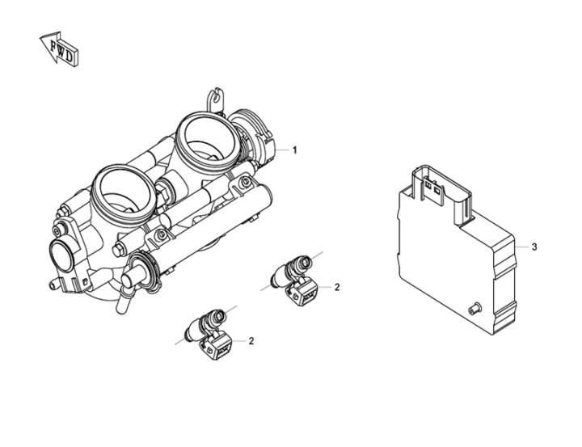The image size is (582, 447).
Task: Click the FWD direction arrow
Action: (x=59, y=49)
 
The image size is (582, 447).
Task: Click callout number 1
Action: (x=295, y=150)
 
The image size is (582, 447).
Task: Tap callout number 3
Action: (x=534, y=247)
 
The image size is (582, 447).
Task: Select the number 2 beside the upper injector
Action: (x=336, y=287)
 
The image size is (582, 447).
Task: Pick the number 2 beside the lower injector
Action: (x=251, y=341)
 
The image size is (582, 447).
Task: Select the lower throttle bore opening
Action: (x=124, y=192)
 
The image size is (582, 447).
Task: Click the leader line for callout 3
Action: (x=523, y=247)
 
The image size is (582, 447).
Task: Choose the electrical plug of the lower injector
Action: (x=217, y=346)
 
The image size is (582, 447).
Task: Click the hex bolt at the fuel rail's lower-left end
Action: (x=118, y=251)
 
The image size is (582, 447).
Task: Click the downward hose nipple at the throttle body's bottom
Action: (x=123, y=301)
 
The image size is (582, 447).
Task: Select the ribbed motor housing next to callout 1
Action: (x=251, y=137)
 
